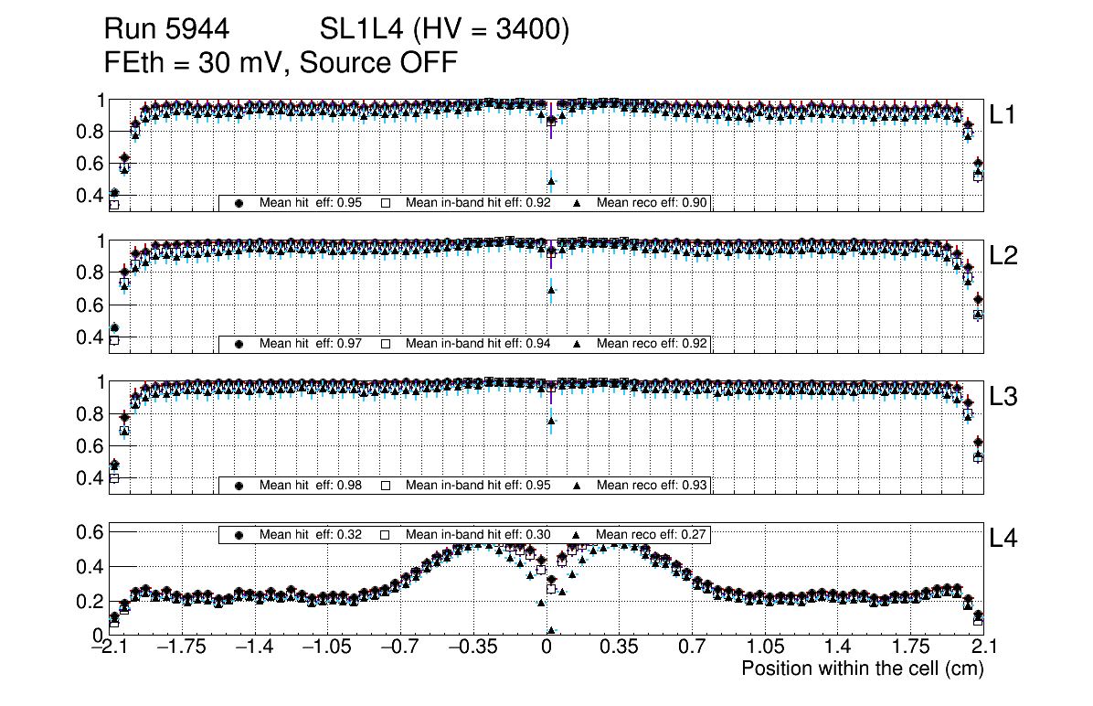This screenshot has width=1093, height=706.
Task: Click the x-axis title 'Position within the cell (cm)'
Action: pos(862,669)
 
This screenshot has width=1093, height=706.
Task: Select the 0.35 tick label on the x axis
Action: pos(619,647)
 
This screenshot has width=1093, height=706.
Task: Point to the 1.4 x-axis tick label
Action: pos(837,647)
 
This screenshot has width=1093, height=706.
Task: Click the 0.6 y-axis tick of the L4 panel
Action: pos(91,531)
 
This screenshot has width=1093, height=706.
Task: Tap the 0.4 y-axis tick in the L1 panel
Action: pos(91,195)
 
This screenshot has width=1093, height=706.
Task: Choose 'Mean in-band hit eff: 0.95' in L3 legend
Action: pos(478,485)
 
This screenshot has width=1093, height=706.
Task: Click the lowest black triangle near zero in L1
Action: pos(551,181)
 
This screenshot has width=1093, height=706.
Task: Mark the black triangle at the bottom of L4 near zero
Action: pos(551,630)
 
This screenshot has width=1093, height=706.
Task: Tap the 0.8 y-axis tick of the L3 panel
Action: pos(91,414)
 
